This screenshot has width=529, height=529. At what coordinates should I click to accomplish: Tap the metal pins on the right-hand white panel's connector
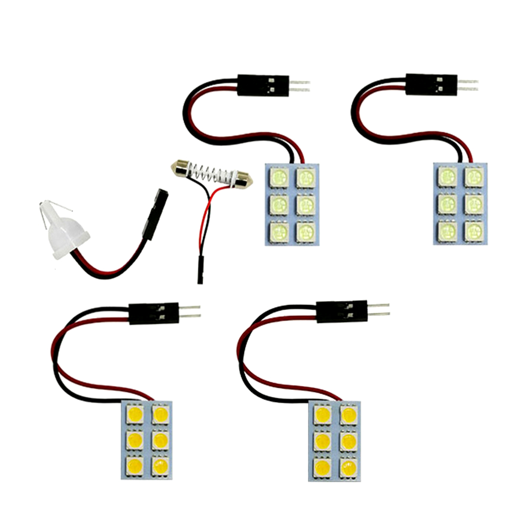click(468, 85)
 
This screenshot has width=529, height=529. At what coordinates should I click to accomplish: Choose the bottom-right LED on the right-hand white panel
click(474, 229)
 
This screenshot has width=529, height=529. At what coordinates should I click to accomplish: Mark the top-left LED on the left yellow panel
click(134, 414)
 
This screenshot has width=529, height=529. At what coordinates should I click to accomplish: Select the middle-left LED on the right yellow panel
click(322, 440)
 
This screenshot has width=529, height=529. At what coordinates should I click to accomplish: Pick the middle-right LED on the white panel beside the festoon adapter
click(304, 203)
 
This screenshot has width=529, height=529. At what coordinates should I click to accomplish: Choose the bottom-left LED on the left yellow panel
click(134, 466)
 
